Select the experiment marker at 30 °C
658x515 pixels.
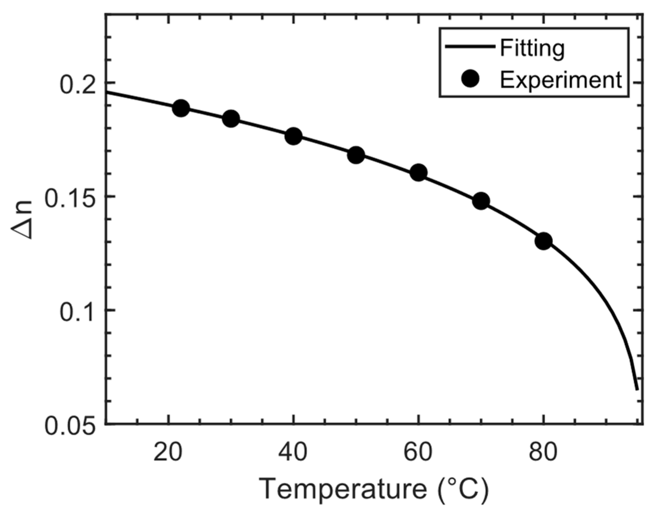(x=231, y=119)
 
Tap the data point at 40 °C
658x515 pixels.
(x=294, y=136)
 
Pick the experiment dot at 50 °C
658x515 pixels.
(x=356, y=155)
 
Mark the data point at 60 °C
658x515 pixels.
(x=419, y=173)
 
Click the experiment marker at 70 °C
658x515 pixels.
(x=481, y=201)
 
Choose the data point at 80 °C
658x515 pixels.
(x=544, y=241)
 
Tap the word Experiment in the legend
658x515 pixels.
(x=561, y=80)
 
